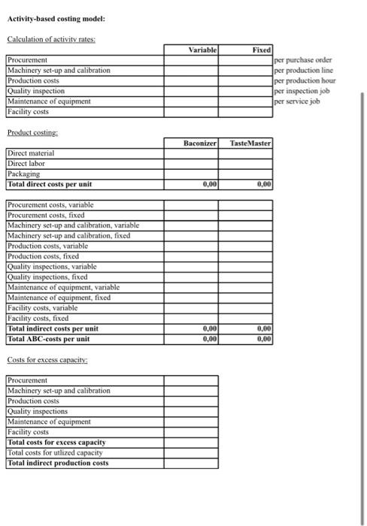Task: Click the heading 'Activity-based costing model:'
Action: tap(56, 18)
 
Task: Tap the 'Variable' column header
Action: tap(202, 49)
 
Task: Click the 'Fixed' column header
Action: tap(261, 49)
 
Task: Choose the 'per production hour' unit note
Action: tap(305, 80)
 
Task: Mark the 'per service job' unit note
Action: tap(298, 101)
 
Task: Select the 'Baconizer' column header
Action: tap(199, 143)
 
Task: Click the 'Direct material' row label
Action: tap(32, 153)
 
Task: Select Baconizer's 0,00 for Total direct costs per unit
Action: tap(210, 183)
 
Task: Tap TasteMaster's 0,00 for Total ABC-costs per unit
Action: tap(264, 339)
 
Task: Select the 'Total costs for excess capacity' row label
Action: tap(57, 442)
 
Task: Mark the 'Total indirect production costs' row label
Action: tap(58, 463)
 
